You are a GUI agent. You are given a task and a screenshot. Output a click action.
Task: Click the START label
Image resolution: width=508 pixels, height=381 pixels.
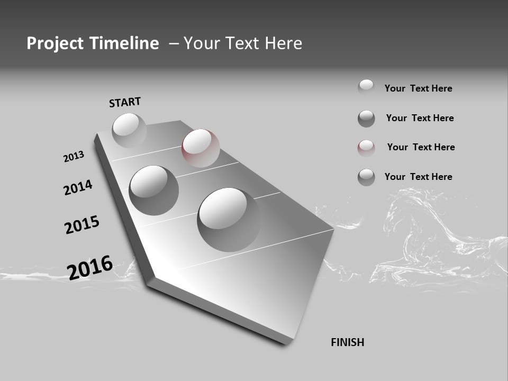(125, 102)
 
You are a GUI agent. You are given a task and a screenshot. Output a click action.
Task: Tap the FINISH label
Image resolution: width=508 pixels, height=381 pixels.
(347, 342)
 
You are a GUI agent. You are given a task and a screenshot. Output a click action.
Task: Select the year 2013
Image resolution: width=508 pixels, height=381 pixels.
(74, 157)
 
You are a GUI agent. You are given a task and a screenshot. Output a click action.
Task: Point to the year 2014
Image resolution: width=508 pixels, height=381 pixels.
(78, 187)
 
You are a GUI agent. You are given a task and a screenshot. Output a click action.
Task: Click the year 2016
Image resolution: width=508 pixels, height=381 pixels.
(90, 267)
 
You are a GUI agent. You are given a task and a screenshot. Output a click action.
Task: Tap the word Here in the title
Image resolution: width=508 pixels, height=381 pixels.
(283, 43)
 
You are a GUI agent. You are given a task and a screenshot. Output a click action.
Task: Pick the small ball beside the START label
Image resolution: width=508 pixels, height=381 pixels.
(129, 130)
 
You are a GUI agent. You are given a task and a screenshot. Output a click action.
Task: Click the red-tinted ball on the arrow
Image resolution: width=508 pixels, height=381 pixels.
(201, 148)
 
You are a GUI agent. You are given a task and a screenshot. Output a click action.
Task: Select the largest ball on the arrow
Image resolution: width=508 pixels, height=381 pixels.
(229, 219)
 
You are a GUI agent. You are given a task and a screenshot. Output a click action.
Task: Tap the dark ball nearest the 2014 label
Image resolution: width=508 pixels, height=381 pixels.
(153, 190)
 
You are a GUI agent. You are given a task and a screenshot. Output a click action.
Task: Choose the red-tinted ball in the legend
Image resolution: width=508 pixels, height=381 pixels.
(366, 148)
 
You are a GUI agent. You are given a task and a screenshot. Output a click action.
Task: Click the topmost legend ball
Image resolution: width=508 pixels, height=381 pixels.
(366, 87)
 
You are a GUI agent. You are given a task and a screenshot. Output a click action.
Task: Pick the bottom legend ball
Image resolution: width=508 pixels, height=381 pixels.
(366, 177)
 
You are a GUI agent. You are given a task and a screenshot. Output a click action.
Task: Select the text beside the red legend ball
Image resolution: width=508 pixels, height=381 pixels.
(421, 147)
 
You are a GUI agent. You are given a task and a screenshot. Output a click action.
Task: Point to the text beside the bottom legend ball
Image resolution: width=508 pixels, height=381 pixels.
(418, 177)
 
